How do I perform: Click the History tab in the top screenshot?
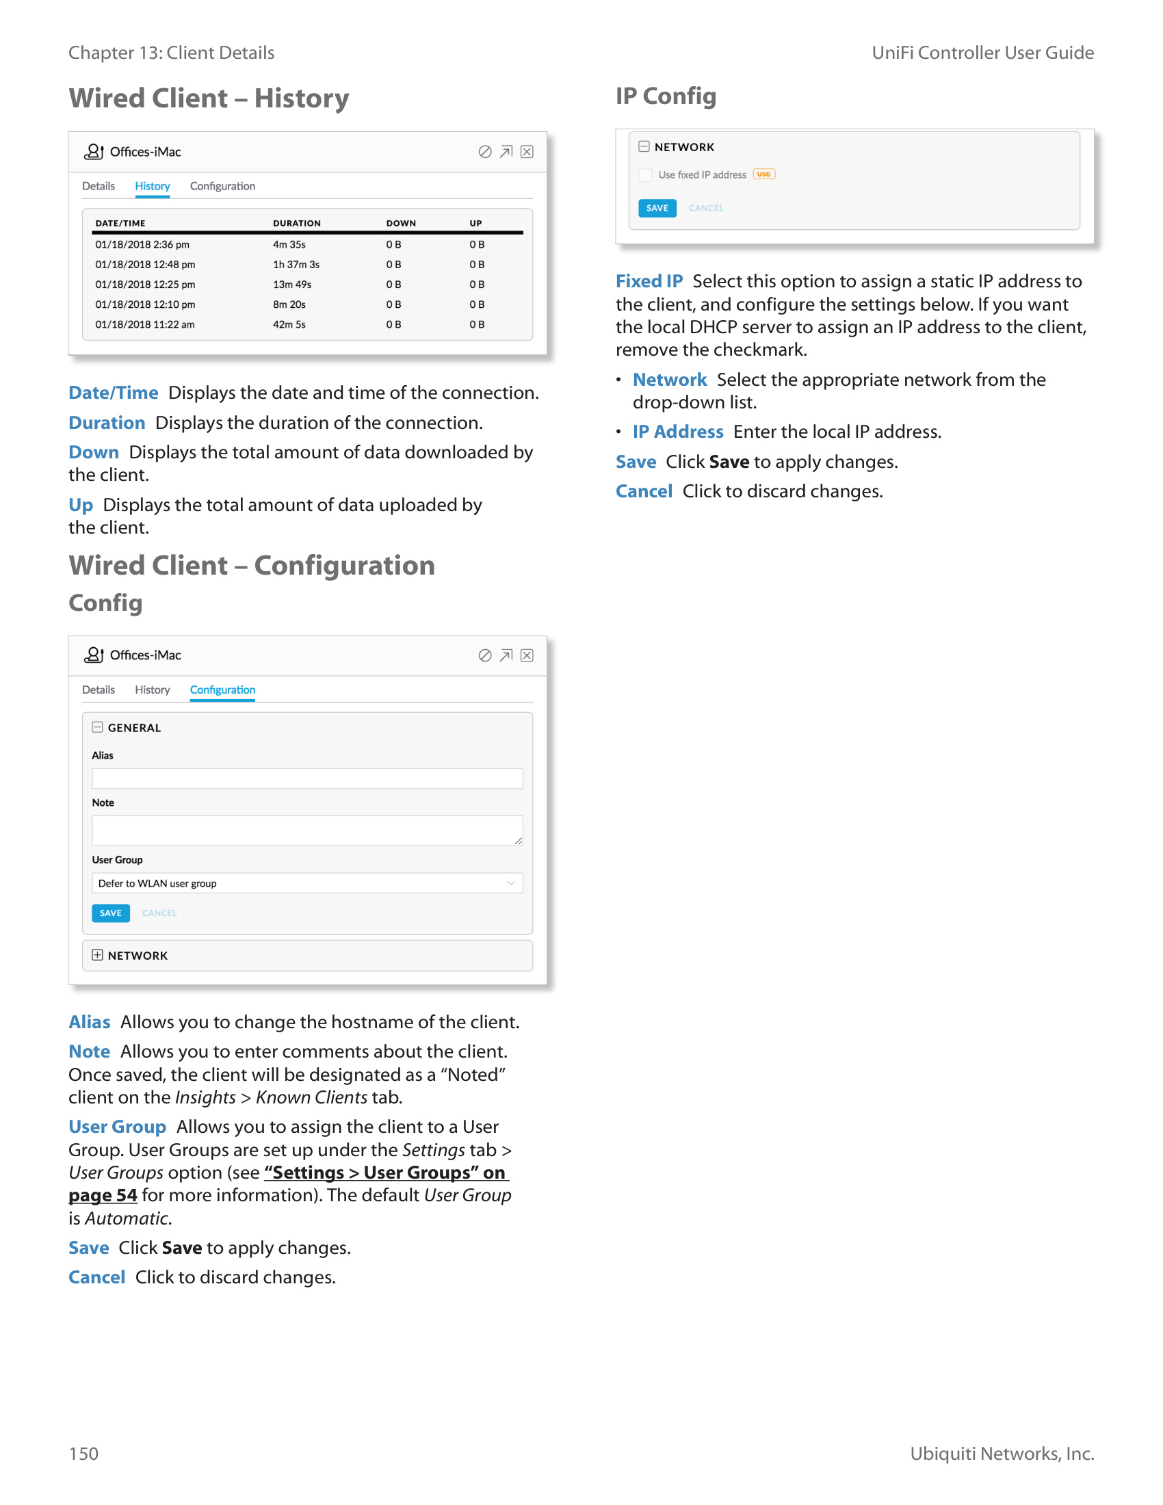[x=153, y=186]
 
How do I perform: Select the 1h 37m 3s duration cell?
[x=296, y=265]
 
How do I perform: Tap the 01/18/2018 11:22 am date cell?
[x=144, y=324]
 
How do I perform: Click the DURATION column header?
[x=296, y=223]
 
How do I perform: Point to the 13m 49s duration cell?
[x=291, y=285]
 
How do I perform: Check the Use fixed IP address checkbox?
[x=645, y=175]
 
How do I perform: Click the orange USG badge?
[x=763, y=174]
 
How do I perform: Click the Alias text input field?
[x=306, y=778]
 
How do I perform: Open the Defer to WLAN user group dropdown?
[x=306, y=883]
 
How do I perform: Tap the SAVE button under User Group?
[x=110, y=913]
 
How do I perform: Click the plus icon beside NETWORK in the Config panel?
[x=97, y=955]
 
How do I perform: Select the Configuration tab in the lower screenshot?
[x=222, y=690]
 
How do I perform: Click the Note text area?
[x=306, y=830]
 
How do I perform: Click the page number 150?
[x=83, y=1454]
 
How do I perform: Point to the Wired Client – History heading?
[x=209, y=99]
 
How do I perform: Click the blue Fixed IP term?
[x=649, y=281]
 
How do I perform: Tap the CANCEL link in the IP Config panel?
[x=705, y=208]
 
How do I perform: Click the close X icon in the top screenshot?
[x=527, y=152]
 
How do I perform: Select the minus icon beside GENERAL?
[x=97, y=727]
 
